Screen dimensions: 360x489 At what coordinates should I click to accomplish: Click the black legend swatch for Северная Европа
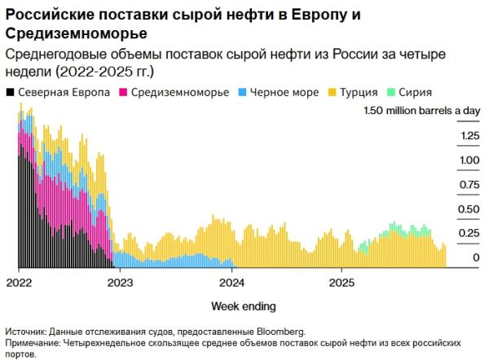tap(11, 93)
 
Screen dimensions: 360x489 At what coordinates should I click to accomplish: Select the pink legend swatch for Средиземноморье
tap(123, 93)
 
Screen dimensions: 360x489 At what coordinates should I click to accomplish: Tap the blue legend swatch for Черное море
tap(242, 93)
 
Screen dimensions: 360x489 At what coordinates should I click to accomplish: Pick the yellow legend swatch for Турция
tap(334, 93)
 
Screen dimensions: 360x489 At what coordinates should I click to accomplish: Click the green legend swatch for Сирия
tap(392, 93)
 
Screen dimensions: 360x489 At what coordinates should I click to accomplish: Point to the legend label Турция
tap(361, 93)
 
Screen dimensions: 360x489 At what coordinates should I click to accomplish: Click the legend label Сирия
tap(416, 93)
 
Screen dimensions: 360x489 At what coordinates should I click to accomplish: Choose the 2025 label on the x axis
tap(342, 283)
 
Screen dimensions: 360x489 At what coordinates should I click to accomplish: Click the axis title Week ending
tap(243, 306)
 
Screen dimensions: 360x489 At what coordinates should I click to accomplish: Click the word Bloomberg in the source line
tap(280, 332)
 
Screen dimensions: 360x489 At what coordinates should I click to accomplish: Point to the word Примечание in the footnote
tap(33, 344)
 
